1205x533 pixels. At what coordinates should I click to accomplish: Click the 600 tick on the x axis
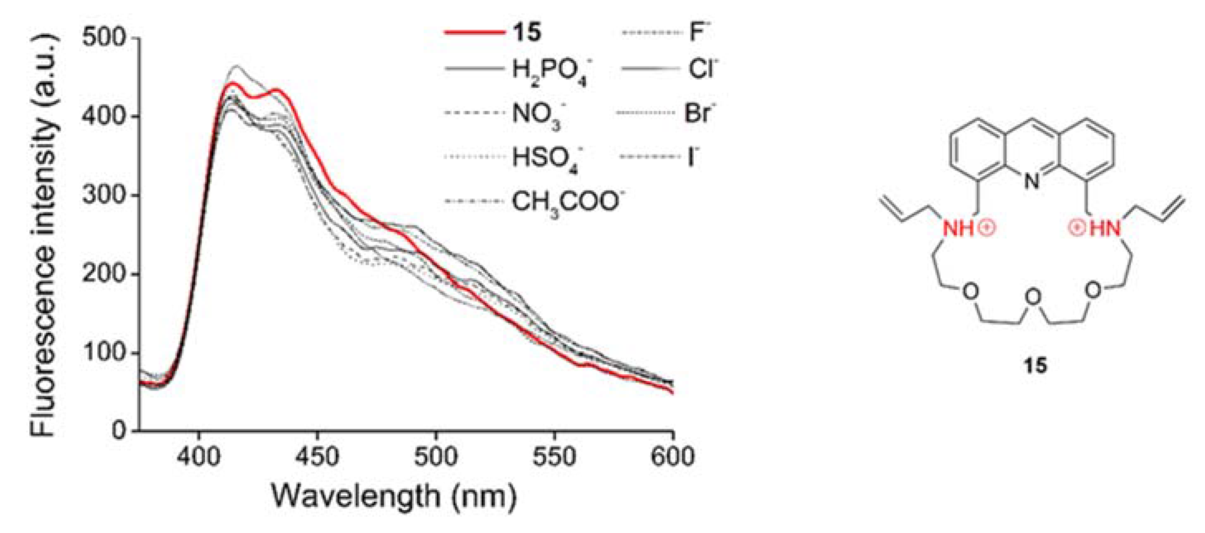click(x=673, y=456)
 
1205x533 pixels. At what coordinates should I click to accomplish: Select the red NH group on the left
click(x=957, y=228)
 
